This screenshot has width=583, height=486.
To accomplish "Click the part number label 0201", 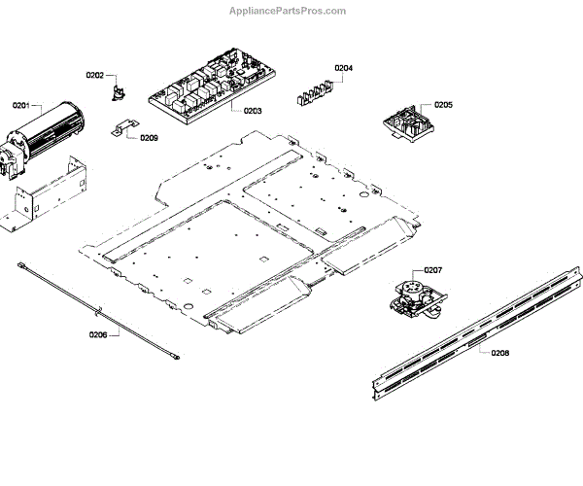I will point(20,104).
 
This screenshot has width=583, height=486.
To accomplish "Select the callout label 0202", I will point(94,75).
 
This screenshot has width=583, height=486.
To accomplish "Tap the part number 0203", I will point(252,112).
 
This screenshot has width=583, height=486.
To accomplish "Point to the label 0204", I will point(344,67).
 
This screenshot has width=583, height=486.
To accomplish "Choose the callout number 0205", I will point(443,104).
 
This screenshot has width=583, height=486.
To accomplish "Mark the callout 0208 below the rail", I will point(499,352).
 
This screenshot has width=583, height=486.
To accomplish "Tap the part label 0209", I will point(149,138).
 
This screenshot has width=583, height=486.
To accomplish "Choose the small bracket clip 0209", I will point(121,129).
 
